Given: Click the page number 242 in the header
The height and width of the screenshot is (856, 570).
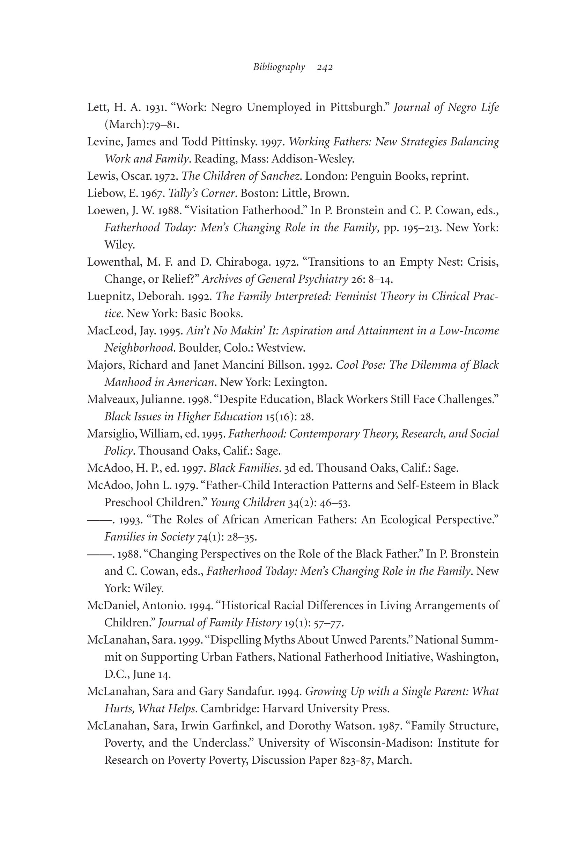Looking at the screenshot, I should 325,67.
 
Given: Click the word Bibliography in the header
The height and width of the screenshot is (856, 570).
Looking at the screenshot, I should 279,67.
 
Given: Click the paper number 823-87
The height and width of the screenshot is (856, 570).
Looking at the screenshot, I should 357,760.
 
